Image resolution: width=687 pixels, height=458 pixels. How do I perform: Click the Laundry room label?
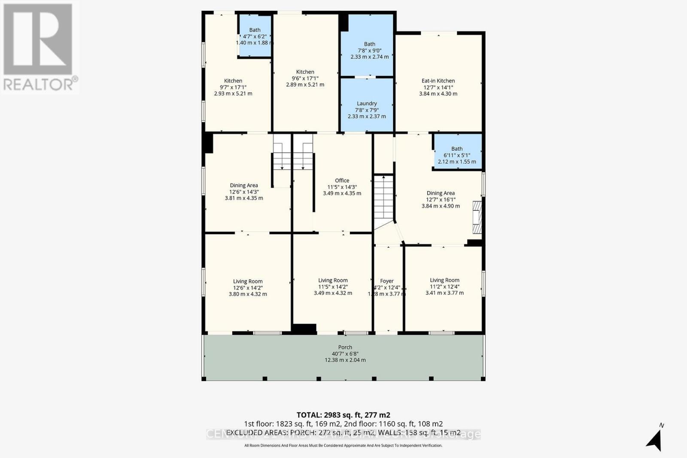coord(367,103)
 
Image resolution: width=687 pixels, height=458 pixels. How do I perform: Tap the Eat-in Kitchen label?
coord(438,81)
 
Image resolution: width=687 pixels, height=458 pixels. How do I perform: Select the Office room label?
coord(342,181)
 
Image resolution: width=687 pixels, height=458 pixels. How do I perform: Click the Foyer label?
coord(387,281)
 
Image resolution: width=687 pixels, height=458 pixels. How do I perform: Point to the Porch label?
coord(345,347)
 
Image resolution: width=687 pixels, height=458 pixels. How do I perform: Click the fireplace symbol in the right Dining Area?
coord(477,217)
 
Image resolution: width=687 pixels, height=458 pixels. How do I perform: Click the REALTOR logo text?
coord(41,84)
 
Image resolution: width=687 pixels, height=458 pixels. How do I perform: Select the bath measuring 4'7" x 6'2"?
coord(255,36)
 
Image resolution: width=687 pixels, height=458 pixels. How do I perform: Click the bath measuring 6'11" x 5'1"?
coord(457,155)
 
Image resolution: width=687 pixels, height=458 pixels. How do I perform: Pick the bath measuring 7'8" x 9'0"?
coord(369,50)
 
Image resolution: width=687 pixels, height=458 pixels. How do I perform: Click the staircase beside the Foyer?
coord(383,197)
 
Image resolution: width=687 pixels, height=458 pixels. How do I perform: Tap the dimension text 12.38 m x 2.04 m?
coord(345,360)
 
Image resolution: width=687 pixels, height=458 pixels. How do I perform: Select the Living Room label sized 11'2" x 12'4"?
coord(444,280)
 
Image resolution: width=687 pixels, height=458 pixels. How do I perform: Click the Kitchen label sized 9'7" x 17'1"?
coord(233,81)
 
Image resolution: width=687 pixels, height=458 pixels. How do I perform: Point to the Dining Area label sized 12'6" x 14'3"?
coord(244,185)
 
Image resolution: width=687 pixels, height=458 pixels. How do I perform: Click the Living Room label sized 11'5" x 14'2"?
coord(333,280)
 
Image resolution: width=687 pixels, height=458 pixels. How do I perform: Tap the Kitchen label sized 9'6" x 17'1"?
coord(305,72)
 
